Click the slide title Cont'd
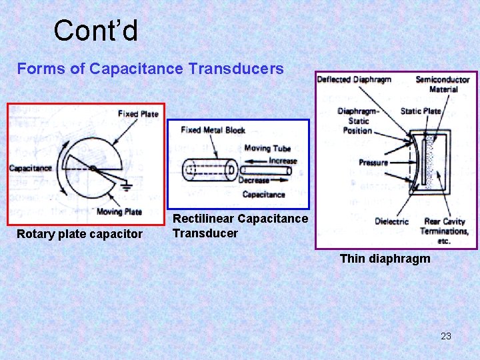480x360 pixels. point(95,31)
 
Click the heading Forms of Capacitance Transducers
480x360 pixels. point(150,69)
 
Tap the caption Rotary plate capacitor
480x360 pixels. point(79,234)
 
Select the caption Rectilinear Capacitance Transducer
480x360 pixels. point(240,226)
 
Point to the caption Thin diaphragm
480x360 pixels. point(385,259)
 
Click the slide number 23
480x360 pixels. point(446,336)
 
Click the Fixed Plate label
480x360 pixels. point(138,114)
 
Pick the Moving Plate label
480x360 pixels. point(119,212)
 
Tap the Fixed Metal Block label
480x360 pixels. point(213,130)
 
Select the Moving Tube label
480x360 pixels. point(267,149)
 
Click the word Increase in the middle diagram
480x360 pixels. point(283,161)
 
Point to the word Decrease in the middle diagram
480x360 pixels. point(254,180)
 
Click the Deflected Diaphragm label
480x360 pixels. point(354,80)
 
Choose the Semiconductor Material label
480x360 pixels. point(443,84)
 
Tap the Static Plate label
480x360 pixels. point(421,111)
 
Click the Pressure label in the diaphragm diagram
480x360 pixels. point(373,163)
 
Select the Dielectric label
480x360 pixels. point(391,221)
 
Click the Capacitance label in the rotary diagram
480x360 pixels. point(30,168)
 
